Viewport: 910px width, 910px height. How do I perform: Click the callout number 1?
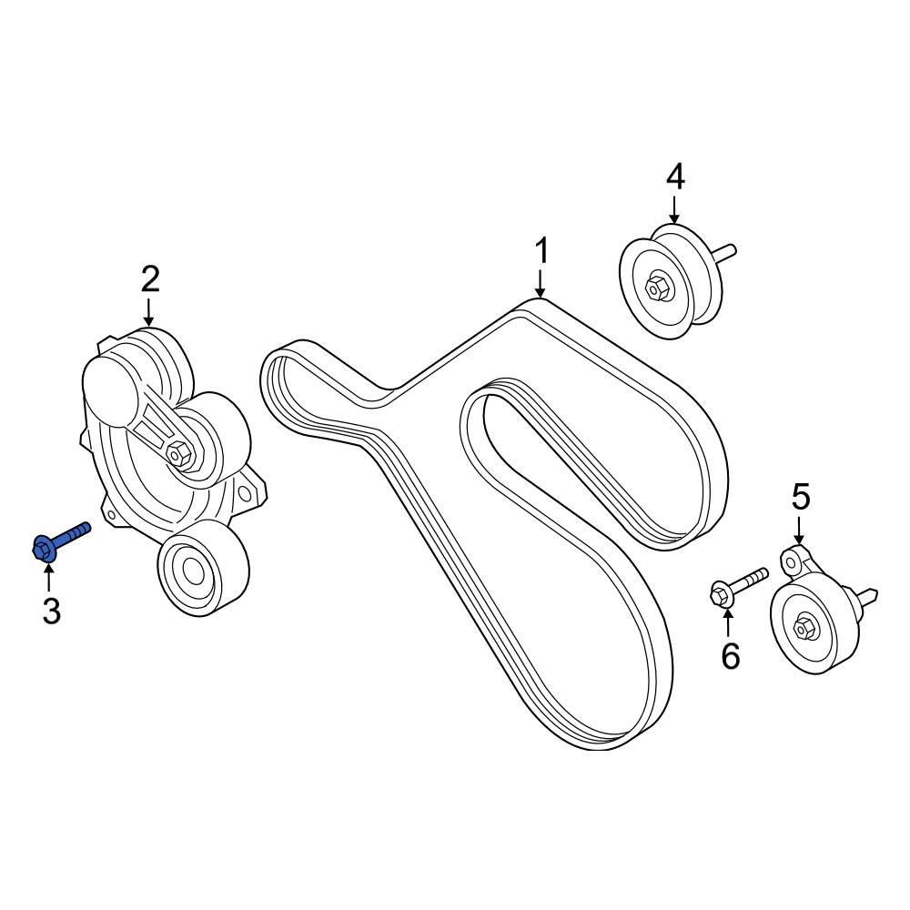(x=541, y=251)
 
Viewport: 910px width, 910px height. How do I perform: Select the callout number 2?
(x=150, y=278)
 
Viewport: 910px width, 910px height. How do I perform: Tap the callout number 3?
(x=51, y=611)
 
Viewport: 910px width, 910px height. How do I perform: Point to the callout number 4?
(x=674, y=177)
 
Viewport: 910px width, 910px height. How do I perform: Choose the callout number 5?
(x=800, y=497)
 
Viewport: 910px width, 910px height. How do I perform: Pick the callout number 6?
(x=731, y=654)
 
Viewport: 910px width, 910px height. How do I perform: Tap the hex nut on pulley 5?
(x=804, y=626)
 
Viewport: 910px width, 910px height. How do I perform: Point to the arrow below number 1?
(x=541, y=283)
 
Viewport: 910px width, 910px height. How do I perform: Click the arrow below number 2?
(x=150, y=311)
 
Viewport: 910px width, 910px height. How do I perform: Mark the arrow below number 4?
(x=674, y=208)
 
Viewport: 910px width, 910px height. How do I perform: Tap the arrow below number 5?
(x=799, y=530)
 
